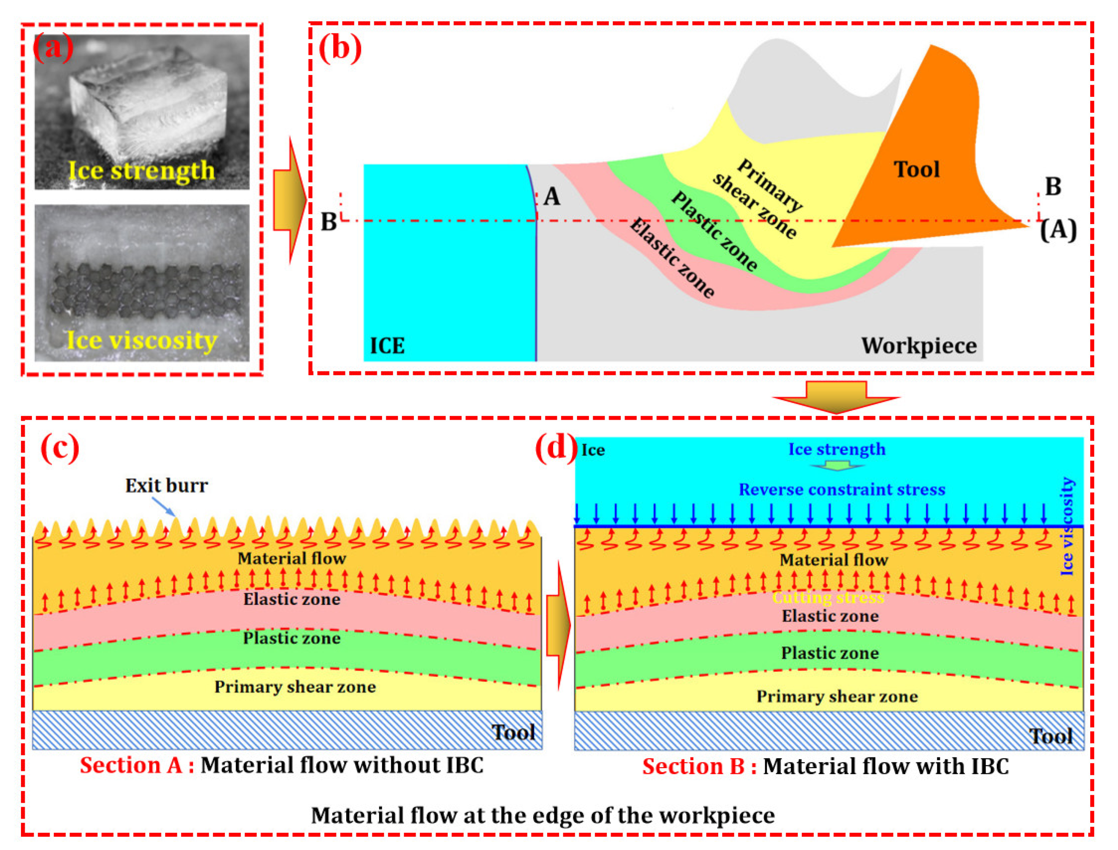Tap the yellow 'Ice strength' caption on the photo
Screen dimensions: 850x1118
click(142, 171)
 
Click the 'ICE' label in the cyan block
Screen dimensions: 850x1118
click(387, 346)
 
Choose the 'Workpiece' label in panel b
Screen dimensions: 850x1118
click(919, 346)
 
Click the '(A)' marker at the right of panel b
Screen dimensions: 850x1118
click(1058, 231)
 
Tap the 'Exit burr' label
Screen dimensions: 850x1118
click(166, 486)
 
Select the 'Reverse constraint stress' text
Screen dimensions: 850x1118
click(842, 490)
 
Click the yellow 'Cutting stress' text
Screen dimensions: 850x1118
click(828, 598)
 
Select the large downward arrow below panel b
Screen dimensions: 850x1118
click(836, 397)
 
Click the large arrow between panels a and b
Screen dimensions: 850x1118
click(290, 200)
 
